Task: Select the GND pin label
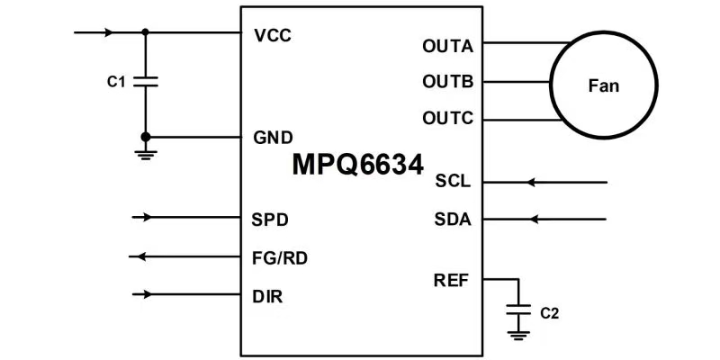click(x=272, y=138)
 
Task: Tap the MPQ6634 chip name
click(x=357, y=166)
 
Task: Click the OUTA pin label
click(x=447, y=45)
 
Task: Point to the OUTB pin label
click(x=447, y=82)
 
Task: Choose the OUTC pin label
click(x=447, y=119)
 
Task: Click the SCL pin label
click(x=453, y=182)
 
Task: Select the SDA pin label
click(x=453, y=219)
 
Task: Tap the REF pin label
click(x=453, y=279)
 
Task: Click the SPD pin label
click(x=271, y=219)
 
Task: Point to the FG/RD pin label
click(x=281, y=257)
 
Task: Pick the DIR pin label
click(x=269, y=295)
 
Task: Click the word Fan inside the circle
click(x=603, y=86)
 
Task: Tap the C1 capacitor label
click(x=115, y=82)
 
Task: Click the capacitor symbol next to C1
click(x=146, y=82)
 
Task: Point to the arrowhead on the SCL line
click(x=531, y=183)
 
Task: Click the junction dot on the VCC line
click(x=146, y=32)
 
